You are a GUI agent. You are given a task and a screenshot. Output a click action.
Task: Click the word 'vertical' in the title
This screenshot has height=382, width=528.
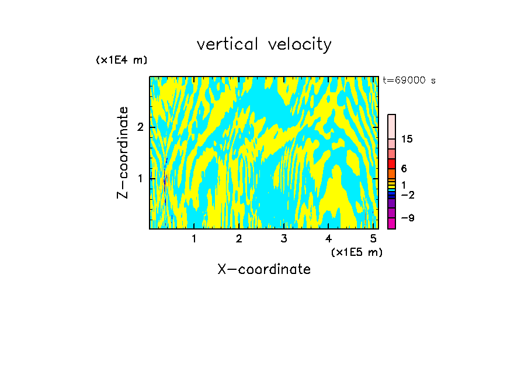229,44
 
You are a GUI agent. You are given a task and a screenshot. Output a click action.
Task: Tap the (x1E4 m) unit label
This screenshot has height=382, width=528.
121,60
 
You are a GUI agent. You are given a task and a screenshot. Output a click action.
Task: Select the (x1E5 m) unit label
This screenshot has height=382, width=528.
356,252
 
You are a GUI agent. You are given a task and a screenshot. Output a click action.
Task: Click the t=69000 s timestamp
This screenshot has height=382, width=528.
409,81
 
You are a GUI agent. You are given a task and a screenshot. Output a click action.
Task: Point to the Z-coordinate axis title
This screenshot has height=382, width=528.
123,152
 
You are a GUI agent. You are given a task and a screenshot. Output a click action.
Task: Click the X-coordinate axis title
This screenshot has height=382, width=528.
264,269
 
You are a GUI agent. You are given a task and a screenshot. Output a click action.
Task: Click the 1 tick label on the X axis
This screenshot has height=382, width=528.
194,239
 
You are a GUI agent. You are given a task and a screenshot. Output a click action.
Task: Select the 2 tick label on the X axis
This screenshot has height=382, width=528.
239,239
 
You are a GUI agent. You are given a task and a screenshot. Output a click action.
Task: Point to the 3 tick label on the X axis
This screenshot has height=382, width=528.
284,239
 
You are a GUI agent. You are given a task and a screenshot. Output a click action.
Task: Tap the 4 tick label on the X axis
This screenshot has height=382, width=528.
329,239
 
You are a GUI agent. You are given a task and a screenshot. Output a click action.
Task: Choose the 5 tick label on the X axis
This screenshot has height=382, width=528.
373,239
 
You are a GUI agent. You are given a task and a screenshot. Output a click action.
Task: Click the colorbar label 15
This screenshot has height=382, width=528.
407,139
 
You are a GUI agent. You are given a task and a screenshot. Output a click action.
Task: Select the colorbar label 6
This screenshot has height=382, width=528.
404,168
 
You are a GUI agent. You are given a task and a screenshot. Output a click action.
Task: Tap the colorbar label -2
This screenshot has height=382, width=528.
407,194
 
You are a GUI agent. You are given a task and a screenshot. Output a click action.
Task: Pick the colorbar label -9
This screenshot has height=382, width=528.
407,218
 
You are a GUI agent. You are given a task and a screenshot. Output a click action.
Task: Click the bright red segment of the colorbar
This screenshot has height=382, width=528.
391,164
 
